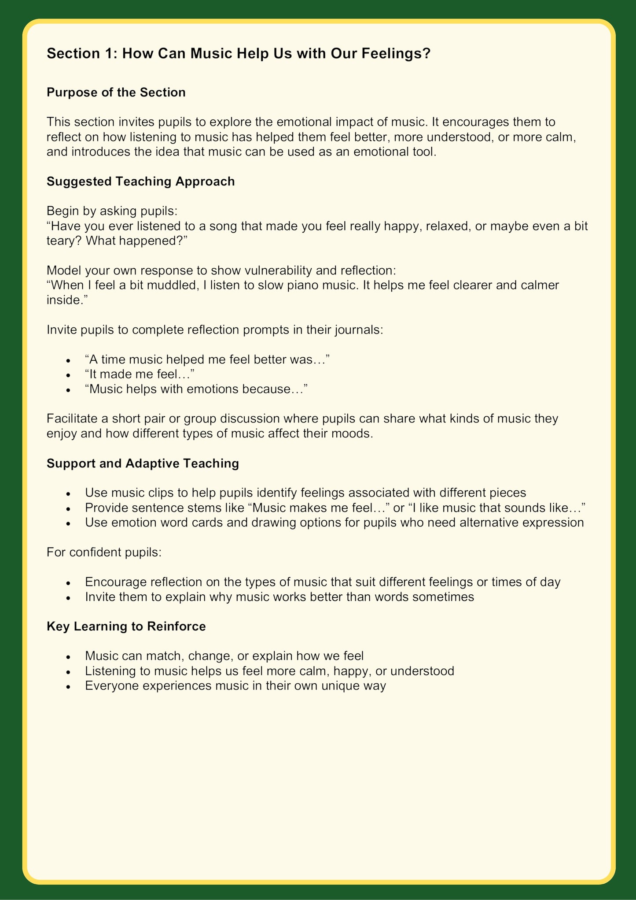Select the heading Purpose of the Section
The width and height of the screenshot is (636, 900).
116,93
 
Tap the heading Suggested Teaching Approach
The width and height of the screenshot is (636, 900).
141,181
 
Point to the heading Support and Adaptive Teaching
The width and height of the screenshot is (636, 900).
143,463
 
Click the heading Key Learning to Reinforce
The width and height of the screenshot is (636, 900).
126,626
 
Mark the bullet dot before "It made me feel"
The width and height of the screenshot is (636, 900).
68,375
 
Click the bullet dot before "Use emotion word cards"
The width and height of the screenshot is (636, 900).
68,524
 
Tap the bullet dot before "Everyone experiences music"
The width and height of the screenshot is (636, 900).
68,687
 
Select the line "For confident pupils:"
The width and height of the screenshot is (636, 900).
104,552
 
